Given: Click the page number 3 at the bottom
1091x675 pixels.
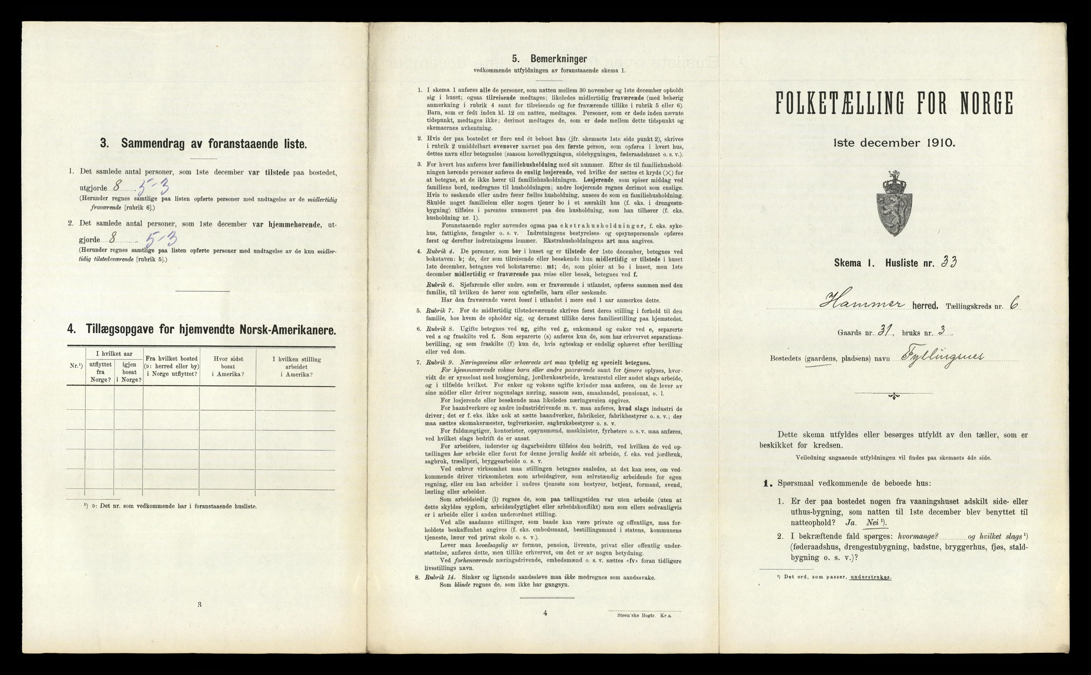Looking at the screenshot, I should tap(199, 605).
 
